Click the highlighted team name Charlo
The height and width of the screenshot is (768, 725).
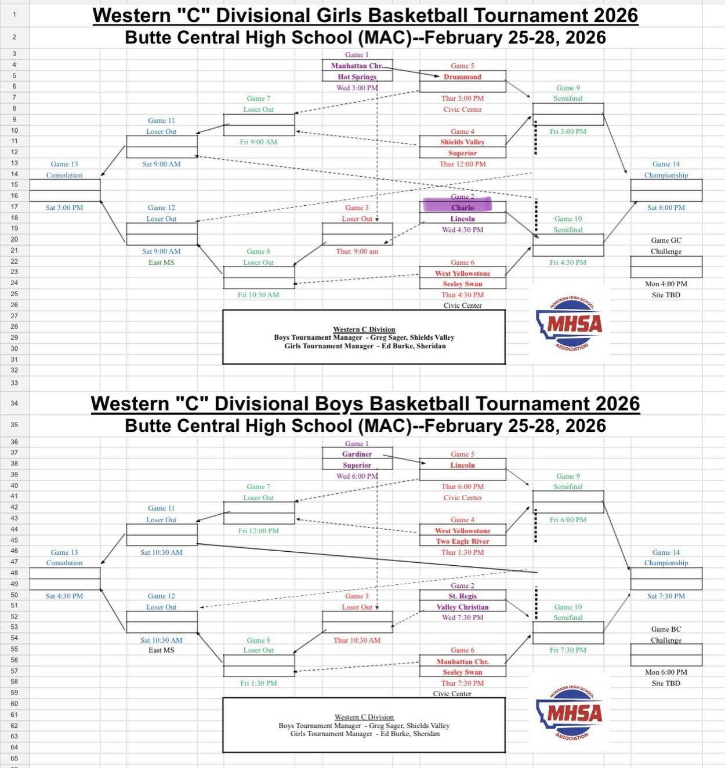[462, 208]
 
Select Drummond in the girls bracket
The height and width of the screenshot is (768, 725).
[462, 77]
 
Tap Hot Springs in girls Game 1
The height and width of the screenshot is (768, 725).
[357, 77]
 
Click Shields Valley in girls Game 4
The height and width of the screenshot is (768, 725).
[462, 142]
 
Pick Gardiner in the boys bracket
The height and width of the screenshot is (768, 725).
[357, 454]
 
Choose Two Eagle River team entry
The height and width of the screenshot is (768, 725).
[462, 541]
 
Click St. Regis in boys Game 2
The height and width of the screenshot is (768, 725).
[462, 596]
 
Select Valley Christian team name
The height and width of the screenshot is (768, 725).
[462, 607]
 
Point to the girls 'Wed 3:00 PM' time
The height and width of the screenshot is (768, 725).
[357, 88]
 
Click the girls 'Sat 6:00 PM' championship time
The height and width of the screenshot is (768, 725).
[666, 208]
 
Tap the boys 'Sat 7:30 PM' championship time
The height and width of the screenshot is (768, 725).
[666, 596]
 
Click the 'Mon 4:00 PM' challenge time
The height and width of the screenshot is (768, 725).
[666, 284]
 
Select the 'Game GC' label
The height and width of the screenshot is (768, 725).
[666, 240]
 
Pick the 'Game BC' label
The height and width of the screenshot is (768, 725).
[666, 629]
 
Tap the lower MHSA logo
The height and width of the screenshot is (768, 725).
[570, 712]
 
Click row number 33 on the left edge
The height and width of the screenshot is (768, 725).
[14, 383]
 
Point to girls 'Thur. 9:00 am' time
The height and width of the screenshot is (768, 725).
[357, 252]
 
